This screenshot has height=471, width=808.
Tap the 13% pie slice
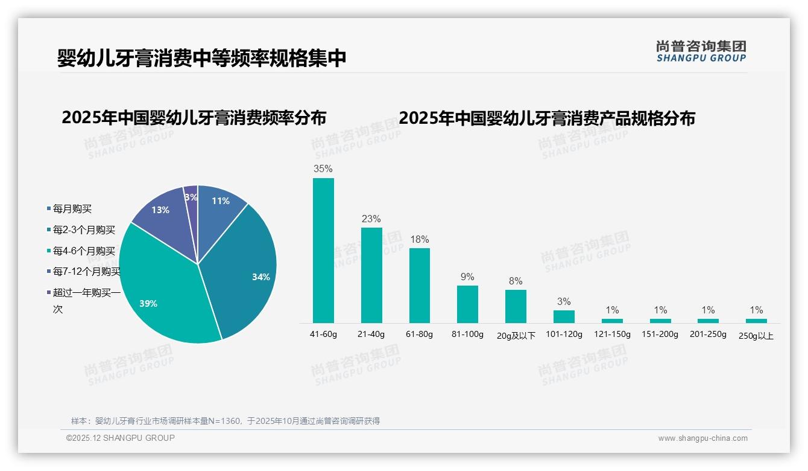point(160,211)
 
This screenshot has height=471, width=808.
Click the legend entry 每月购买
point(72,209)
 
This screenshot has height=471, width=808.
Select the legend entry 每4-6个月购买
point(83,251)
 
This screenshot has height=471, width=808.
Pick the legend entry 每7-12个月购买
point(86,272)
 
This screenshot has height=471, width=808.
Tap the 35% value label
point(323,168)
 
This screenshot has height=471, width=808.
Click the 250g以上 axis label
point(756,336)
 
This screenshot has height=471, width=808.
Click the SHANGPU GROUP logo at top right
point(701,51)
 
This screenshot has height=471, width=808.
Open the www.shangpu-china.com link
point(702,438)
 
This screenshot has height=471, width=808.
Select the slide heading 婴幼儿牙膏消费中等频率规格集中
point(202,58)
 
